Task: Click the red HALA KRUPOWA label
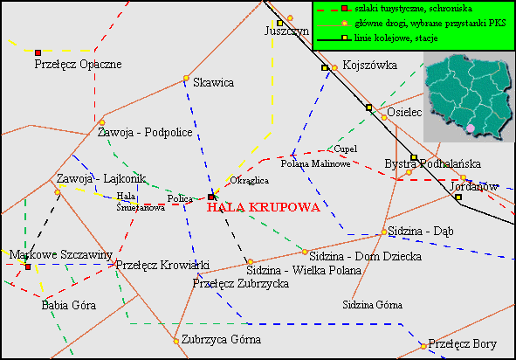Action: (264, 209)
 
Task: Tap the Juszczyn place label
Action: (287, 32)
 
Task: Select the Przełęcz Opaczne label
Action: (78, 64)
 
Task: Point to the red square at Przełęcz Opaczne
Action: (38, 52)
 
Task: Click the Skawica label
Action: (214, 83)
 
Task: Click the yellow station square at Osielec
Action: (368, 107)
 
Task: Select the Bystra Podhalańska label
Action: (433, 163)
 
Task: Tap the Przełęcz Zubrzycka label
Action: (241, 283)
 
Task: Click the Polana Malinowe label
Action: (316, 163)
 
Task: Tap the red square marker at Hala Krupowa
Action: (210, 197)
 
